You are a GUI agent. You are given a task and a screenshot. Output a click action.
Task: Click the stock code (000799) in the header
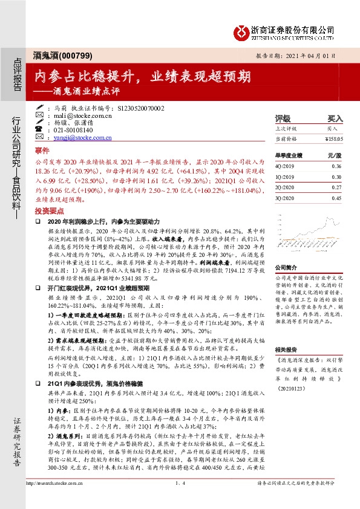[76, 56]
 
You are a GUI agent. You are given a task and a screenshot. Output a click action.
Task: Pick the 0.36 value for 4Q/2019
[336, 166]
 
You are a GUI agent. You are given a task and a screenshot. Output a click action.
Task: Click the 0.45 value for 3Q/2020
[336, 198]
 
